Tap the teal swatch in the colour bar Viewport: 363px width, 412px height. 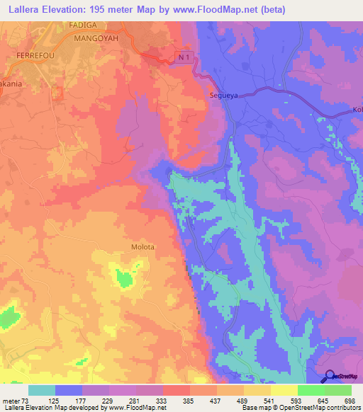point(42,390)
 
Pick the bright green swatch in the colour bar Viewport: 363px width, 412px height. point(311,390)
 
